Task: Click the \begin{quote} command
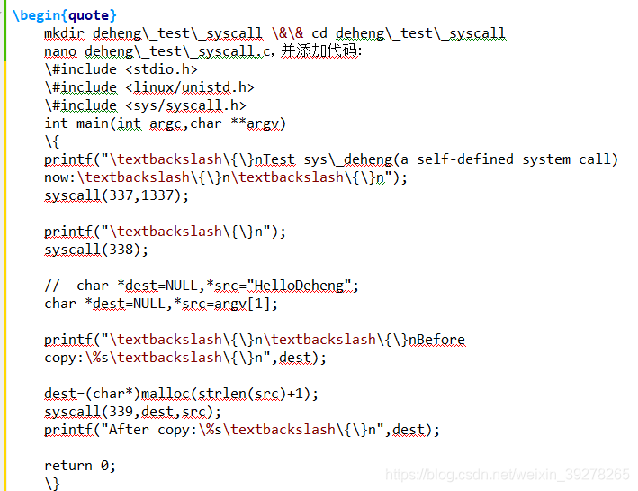coord(65,15)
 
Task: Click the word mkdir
coord(64,33)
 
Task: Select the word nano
coord(60,51)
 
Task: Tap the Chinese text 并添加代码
coord(320,51)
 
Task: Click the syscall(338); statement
coord(96,250)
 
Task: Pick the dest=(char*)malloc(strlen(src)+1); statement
coord(182,394)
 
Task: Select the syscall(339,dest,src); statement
coord(132,412)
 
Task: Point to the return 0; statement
coord(80,466)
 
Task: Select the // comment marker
coord(52,286)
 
